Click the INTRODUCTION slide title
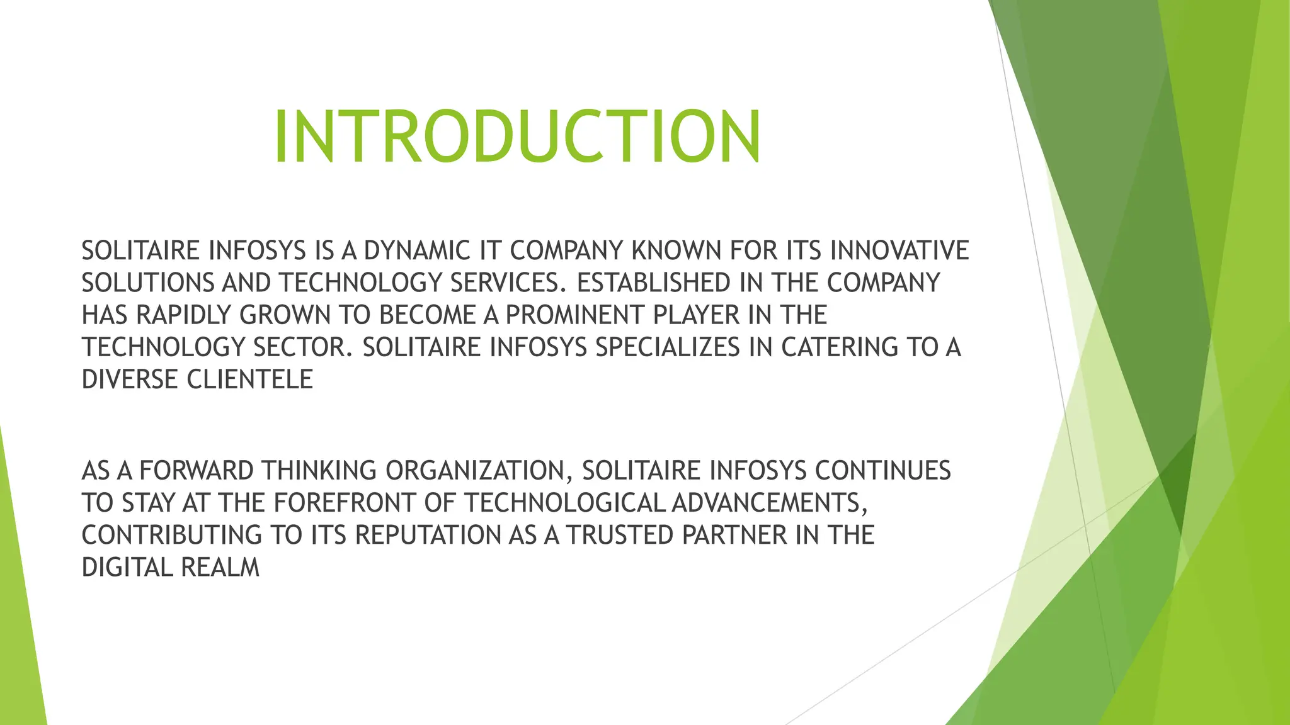[517, 137]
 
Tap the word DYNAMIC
[417, 250]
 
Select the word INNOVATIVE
[899, 250]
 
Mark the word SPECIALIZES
[668, 347]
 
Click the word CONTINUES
[882, 471]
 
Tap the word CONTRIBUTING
[171, 535]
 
